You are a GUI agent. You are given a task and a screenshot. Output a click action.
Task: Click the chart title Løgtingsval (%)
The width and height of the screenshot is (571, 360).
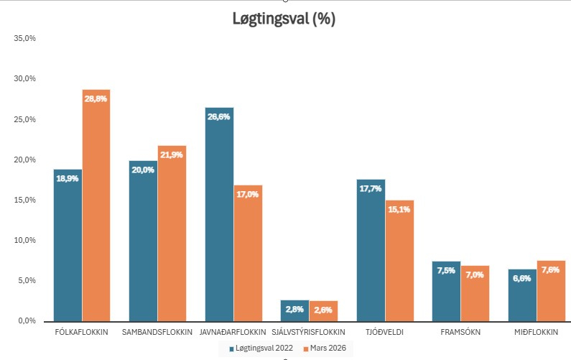click(284, 19)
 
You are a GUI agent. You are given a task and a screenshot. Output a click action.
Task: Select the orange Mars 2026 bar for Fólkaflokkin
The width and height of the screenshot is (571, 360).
click(96, 208)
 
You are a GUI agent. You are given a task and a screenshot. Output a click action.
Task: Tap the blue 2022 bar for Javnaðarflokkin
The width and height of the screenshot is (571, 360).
click(219, 216)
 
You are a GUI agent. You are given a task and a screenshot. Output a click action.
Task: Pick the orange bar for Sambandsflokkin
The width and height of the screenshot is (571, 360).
click(172, 234)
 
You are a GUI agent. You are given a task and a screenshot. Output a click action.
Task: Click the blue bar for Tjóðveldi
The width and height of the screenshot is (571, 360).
click(371, 251)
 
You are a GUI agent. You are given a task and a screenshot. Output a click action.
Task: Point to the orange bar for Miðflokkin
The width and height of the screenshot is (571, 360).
click(551, 291)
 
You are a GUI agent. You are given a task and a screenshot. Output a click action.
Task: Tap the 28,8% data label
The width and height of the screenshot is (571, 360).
click(96, 98)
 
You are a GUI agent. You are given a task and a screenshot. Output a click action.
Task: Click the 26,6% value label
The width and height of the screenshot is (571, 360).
click(219, 116)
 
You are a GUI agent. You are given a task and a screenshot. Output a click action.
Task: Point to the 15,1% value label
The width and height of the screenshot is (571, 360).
click(399, 209)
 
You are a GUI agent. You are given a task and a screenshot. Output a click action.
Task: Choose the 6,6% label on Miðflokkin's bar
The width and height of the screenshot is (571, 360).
click(522, 278)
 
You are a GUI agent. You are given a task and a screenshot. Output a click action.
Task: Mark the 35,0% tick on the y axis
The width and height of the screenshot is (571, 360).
click(25, 38)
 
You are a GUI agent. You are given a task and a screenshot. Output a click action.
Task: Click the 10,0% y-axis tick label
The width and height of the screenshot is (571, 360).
click(25, 240)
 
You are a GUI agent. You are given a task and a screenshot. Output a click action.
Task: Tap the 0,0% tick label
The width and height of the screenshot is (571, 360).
click(27, 320)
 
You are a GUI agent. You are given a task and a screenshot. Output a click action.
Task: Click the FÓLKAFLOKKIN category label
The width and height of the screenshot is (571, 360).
click(82, 332)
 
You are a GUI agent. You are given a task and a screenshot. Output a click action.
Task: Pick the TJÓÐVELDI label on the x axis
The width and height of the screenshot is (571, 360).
click(385, 332)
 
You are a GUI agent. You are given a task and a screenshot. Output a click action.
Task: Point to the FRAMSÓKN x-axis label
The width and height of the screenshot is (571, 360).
click(460, 332)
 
